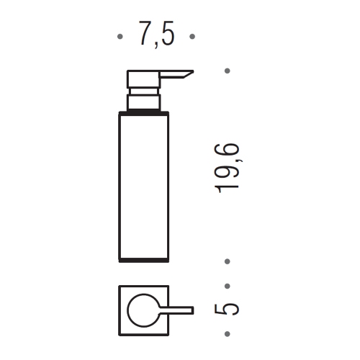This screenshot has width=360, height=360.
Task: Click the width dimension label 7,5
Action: pos(156,35)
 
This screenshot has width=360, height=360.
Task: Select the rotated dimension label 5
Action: pos(228,309)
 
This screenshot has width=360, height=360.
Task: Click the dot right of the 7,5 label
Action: pos(192,35)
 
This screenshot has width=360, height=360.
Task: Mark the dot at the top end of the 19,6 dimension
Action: pos(228,71)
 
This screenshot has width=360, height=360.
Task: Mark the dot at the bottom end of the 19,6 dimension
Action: pos(228,262)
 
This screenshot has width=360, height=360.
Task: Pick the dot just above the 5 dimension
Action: pos(228,286)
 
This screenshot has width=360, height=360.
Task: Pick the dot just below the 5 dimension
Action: pos(228,333)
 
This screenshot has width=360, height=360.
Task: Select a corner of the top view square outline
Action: pos(119,287)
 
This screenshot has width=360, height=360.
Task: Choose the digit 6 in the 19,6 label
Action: pos(228,150)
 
